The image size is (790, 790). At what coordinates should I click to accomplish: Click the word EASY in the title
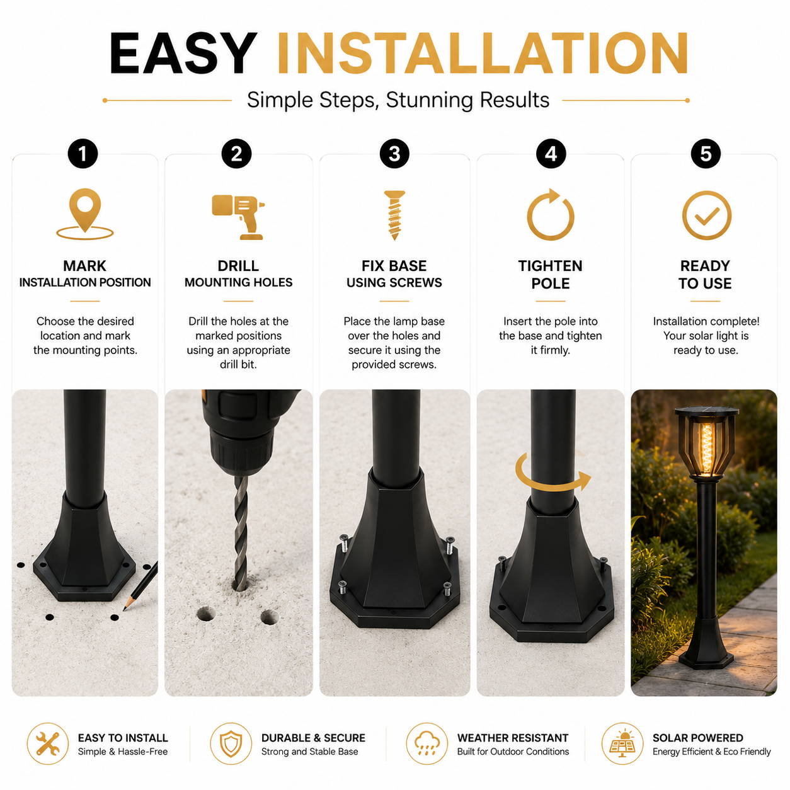click(x=183, y=54)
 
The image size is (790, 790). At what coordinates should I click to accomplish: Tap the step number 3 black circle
click(x=394, y=154)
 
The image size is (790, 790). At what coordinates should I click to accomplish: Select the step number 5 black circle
click(x=705, y=154)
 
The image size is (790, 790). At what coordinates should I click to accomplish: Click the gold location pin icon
click(x=85, y=213)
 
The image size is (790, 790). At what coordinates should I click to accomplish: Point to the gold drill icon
click(x=238, y=217)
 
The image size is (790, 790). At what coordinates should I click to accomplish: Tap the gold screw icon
click(x=394, y=215)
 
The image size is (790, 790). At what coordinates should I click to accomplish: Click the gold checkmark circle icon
click(x=684, y=215)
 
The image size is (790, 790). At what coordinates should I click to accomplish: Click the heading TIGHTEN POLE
click(x=550, y=275)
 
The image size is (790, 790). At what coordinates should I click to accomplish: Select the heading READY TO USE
click(x=705, y=275)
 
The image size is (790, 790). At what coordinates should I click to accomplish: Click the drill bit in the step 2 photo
click(x=241, y=533)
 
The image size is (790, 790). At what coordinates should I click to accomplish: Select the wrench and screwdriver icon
click(x=47, y=743)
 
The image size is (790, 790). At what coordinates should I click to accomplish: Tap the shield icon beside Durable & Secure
click(x=231, y=743)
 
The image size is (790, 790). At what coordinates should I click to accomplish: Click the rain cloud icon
click(x=426, y=743)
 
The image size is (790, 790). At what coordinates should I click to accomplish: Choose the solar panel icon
click(x=622, y=743)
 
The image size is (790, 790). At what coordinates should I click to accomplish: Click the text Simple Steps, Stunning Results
click(x=398, y=100)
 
